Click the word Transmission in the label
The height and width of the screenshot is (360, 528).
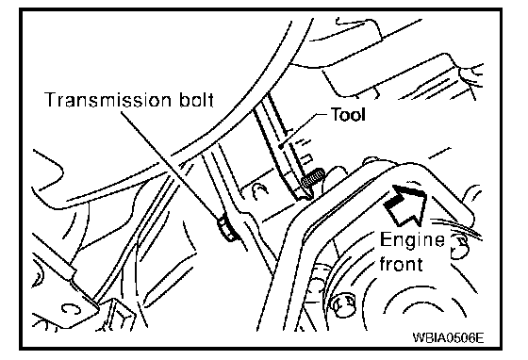pyautogui.click(x=108, y=100)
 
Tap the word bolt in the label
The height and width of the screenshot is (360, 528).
pyautogui.click(x=197, y=100)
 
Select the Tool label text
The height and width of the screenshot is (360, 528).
pyautogui.click(x=348, y=114)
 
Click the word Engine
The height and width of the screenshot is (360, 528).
pyautogui.click(x=412, y=240)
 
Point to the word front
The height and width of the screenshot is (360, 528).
pyautogui.click(x=401, y=264)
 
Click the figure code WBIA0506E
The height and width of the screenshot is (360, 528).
pyautogui.click(x=448, y=336)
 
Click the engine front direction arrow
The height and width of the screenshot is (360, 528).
pyautogui.click(x=406, y=205)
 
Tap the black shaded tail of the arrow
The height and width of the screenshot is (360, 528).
pyautogui.click(x=392, y=203)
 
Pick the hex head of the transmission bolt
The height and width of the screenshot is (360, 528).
pyautogui.click(x=226, y=229)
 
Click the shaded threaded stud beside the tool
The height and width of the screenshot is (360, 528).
pyautogui.click(x=313, y=178)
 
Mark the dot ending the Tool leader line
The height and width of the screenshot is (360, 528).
pyautogui.click(x=281, y=146)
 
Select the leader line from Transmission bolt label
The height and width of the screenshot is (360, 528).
pyautogui.click(x=170, y=166)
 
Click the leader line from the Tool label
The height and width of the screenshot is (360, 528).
pyautogui.click(x=304, y=130)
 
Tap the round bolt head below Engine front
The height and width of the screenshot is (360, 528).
pyautogui.click(x=343, y=303)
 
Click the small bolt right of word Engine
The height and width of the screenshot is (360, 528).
pyautogui.click(x=459, y=246)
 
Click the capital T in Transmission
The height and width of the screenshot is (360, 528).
pyautogui.click(x=52, y=100)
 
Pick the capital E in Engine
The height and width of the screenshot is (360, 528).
pyautogui.click(x=386, y=240)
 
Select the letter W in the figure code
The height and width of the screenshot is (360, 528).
pyautogui.click(x=418, y=336)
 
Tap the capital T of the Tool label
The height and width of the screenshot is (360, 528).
pyautogui.click(x=336, y=114)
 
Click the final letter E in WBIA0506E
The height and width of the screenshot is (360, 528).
pyautogui.click(x=480, y=336)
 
